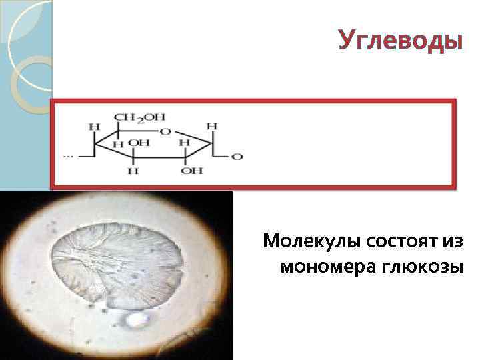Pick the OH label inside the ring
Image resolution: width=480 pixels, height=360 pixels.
[139, 143]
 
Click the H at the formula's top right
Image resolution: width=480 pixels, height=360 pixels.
[213, 125]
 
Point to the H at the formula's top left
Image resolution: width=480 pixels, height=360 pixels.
[95, 125]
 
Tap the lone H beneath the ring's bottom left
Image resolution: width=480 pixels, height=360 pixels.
[133, 171]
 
